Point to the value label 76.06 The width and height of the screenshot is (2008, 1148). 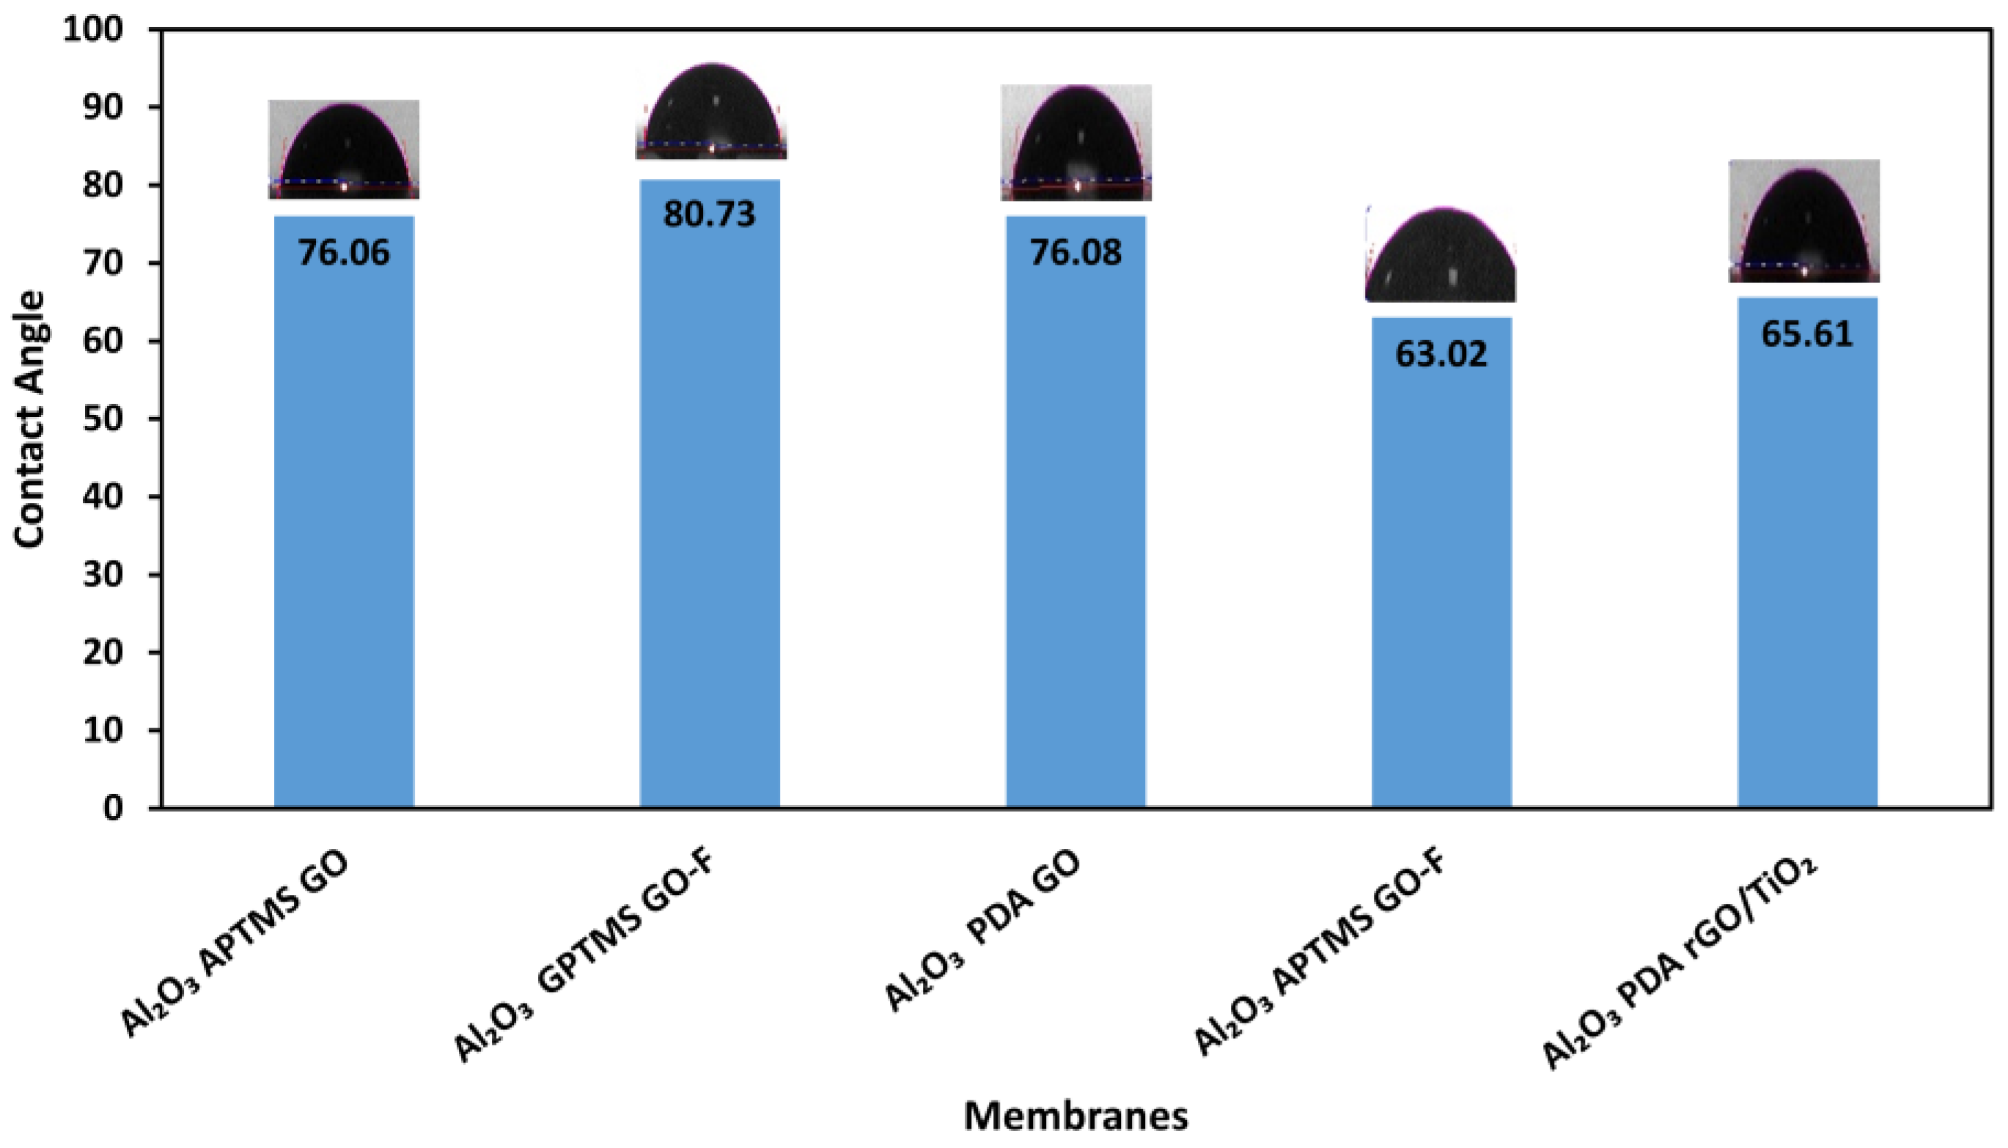pyautogui.click(x=344, y=253)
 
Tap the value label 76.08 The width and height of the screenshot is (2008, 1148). pyautogui.click(x=1075, y=253)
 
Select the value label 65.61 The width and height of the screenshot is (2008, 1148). pyautogui.click(x=1807, y=334)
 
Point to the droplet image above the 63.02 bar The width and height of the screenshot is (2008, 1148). pyautogui.click(x=1441, y=254)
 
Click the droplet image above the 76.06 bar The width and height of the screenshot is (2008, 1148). pyautogui.click(x=344, y=150)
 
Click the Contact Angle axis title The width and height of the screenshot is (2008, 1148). pyautogui.click(x=30, y=419)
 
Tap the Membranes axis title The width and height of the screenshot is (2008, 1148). pyautogui.click(x=1075, y=1116)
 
